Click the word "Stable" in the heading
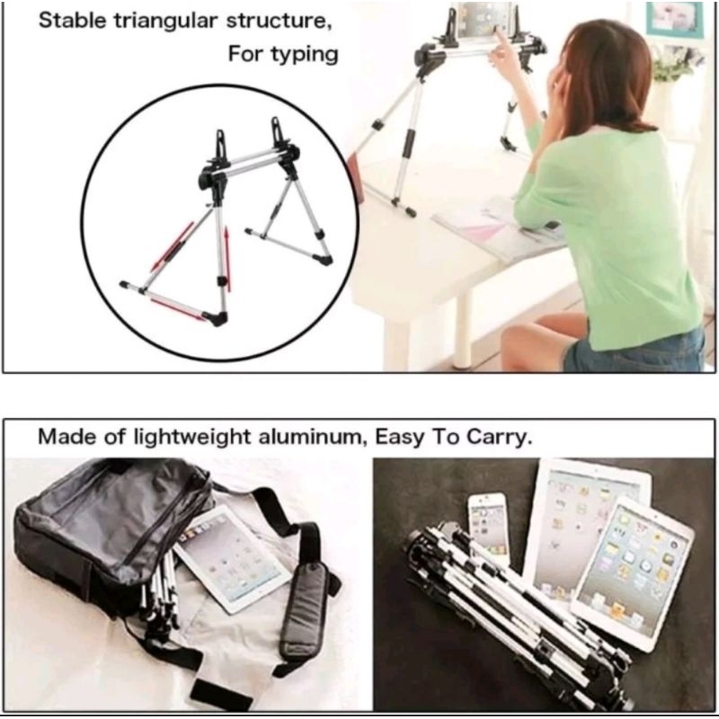pos(73,21)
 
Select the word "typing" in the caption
pos(305,55)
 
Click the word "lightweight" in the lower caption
pos(191,437)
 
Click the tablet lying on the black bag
pos(233,558)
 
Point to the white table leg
pos(463,330)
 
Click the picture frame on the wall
pos(675,19)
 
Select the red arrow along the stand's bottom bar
pos(179,308)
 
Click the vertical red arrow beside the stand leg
pos(226,260)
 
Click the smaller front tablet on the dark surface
pos(634,573)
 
